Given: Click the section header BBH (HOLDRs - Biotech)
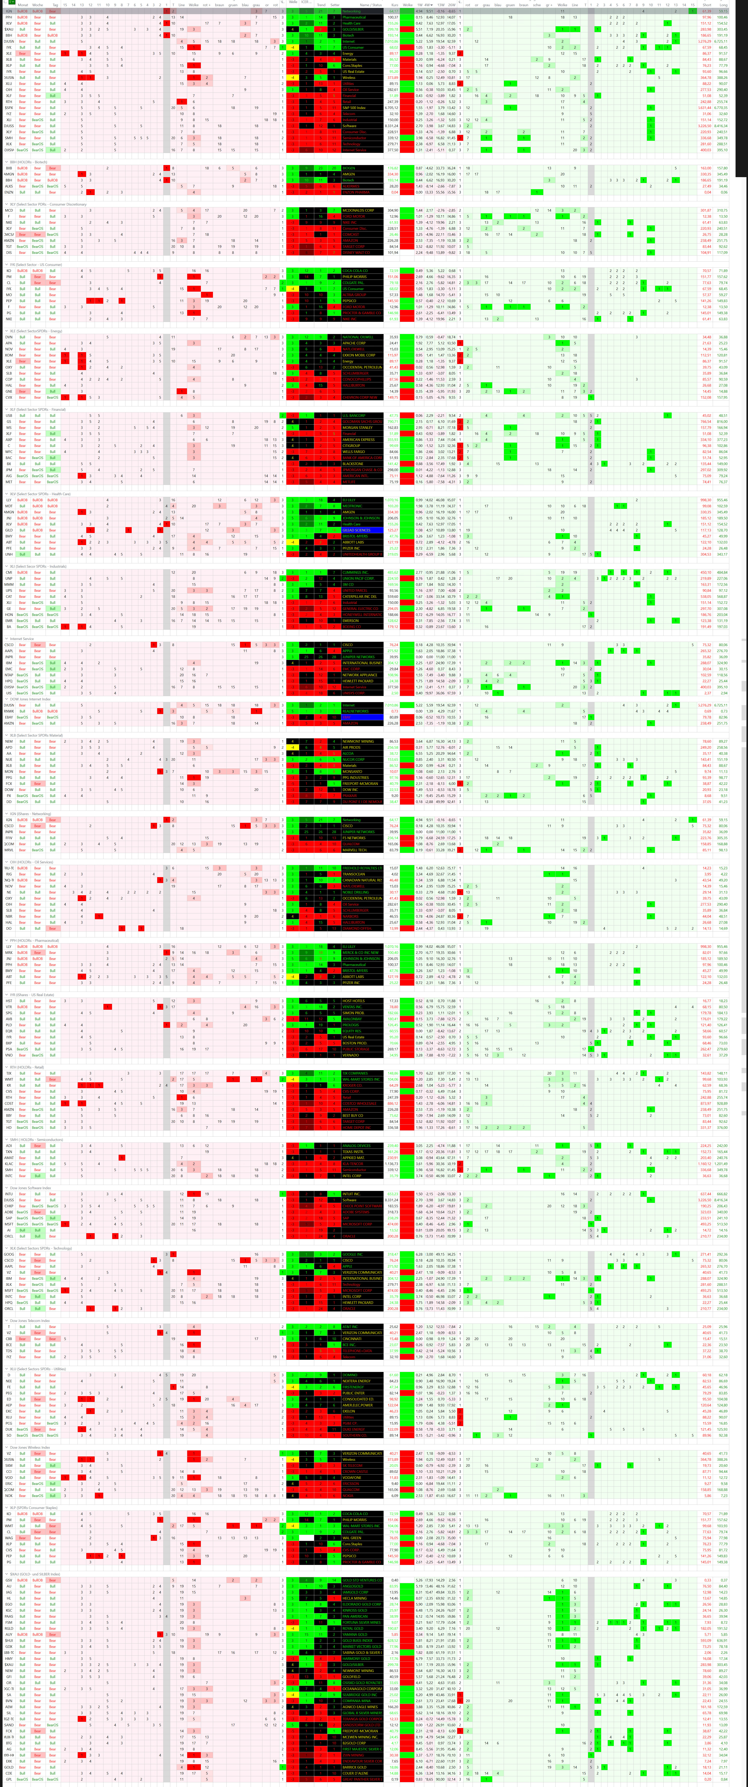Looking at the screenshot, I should point(28,162).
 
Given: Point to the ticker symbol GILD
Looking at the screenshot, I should point(9,530).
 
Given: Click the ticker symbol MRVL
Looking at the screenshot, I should point(9,850).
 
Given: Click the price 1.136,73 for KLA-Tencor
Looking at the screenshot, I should point(393,1164).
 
